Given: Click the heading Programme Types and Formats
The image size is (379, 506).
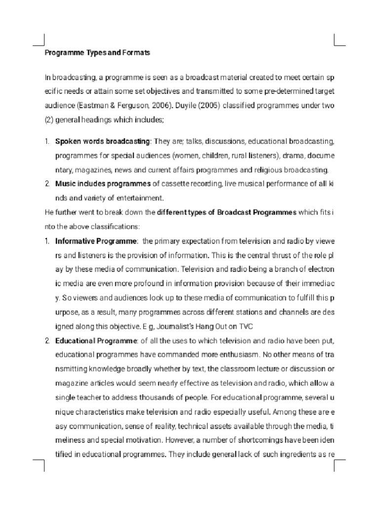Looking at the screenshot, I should [97, 52].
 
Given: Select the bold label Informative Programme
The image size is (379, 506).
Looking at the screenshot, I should [96, 241].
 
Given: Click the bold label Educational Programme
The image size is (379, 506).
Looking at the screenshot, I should [96, 341].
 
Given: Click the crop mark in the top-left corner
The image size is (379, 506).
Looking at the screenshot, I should [39, 40].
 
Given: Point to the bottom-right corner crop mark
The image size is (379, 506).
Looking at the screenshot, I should [340, 466].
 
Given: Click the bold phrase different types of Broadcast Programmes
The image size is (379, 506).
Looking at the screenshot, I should [227, 212].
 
